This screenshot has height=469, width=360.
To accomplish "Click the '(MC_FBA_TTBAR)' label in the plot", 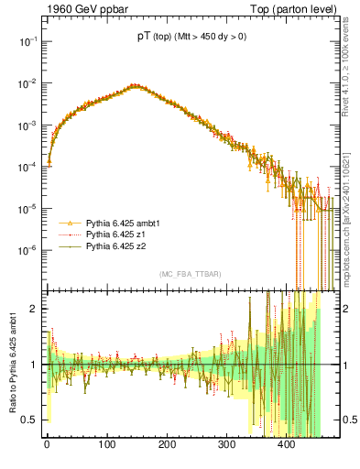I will coord(190,275).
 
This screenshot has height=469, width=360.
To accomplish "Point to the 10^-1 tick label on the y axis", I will coord(26,41).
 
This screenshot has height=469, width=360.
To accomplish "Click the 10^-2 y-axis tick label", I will coord(26,83).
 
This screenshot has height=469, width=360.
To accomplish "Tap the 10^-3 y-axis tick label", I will coord(26,125).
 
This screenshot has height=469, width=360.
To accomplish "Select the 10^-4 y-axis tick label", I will coord(26,167).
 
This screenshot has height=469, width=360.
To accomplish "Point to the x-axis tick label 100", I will coord(106,445).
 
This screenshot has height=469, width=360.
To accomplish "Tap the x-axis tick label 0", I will coord(47,445).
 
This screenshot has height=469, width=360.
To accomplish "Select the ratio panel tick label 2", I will coord(33,309).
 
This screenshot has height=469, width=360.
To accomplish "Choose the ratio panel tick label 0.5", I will coord(28,420).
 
